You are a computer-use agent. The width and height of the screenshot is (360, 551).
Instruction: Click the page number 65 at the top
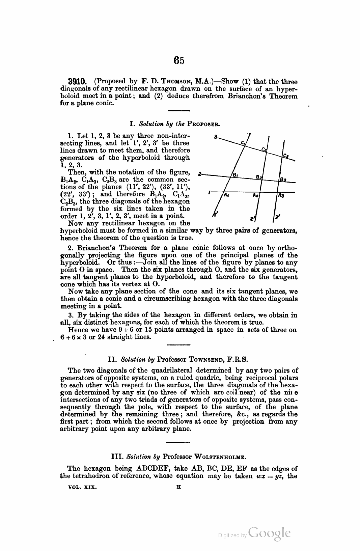[179, 60]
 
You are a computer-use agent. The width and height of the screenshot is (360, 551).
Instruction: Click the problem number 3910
[78, 82]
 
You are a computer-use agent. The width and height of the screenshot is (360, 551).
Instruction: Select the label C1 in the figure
[243, 143]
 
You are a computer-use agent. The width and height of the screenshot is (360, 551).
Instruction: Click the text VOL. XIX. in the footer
[82, 487]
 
